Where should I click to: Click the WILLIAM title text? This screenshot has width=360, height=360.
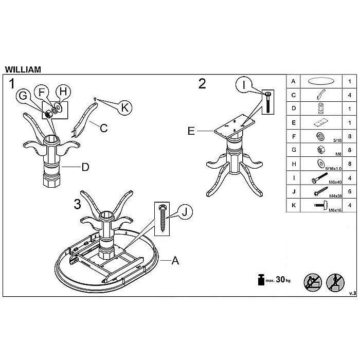[23, 68]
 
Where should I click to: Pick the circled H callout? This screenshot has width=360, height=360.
[62, 92]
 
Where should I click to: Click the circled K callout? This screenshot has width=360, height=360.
[124, 107]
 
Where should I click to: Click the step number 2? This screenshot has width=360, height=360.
[202, 84]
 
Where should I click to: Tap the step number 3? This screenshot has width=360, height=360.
[78, 204]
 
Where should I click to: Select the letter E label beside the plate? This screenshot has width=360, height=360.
[191, 131]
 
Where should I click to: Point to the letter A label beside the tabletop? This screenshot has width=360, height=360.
[175, 261]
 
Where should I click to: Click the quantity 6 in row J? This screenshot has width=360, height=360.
[350, 191]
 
